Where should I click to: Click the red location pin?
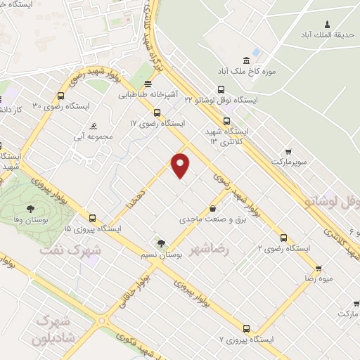pyautogui.click(x=181, y=165)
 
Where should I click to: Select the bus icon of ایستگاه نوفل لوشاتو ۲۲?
pyautogui.click(x=221, y=89)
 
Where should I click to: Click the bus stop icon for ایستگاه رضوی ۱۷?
pyautogui.click(x=157, y=112)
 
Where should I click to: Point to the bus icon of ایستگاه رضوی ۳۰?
pyautogui.click(x=63, y=94)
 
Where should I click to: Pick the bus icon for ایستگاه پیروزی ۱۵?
pyautogui.click(x=92, y=218)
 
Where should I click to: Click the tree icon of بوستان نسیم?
pyautogui.click(x=162, y=243)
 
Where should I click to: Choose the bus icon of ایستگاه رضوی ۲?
pyautogui.click(x=283, y=238)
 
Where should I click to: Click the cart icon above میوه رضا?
pyautogui.click(x=318, y=268)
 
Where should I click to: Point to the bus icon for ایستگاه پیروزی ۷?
pyautogui.click(x=245, y=328)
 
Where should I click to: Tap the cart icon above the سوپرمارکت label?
pyautogui.click(x=288, y=151)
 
